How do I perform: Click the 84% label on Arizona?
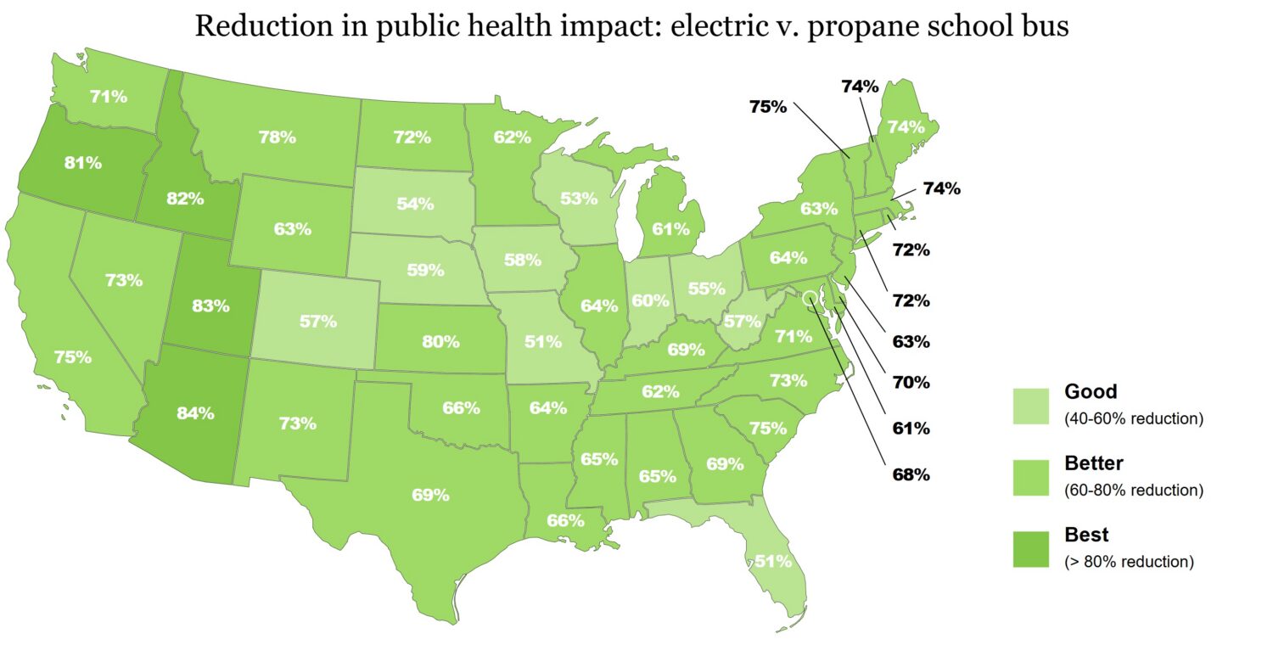point(195,413)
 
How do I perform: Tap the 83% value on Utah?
point(210,306)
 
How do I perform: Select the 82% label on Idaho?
point(185,199)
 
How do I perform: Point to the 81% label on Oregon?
point(83,163)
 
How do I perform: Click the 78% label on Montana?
point(278,137)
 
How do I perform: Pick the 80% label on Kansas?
point(440,342)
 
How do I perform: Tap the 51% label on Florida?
point(773,561)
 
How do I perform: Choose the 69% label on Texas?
point(430,495)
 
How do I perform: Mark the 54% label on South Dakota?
point(415,204)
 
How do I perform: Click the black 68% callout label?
point(911,474)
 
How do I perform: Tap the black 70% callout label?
point(911,382)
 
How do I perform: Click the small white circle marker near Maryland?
point(810,298)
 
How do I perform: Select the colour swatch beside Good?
point(1030,405)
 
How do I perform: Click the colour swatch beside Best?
point(1030,548)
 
